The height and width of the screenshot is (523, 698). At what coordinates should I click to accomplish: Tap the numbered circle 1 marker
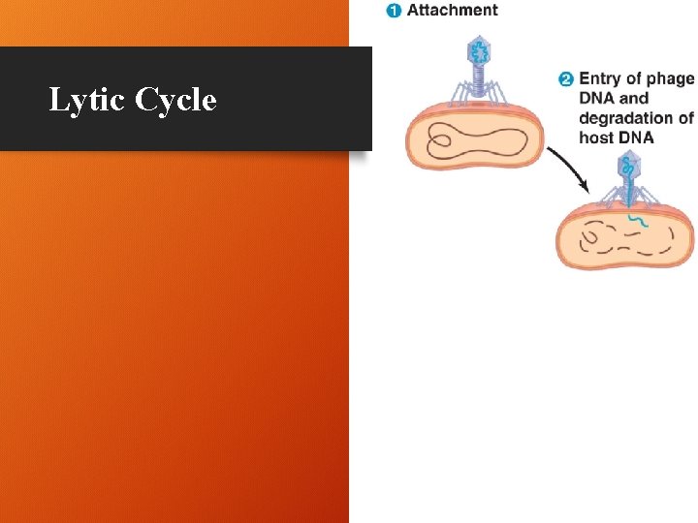pyautogui.click(x=394, y=11)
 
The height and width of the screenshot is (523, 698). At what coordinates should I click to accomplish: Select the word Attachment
pyautogui.click(x=453, y=11)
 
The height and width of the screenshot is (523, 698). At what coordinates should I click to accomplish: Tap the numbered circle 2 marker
pyautogui.click(x=566, y=79)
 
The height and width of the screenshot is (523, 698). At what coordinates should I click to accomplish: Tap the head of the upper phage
pyautogui.click(x=478, y=52)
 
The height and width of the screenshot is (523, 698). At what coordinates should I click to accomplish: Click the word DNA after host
pyautogui.click(x=636, y=138)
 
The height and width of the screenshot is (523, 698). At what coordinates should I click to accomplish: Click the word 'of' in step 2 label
pyautogui.click(x=685, y=118)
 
